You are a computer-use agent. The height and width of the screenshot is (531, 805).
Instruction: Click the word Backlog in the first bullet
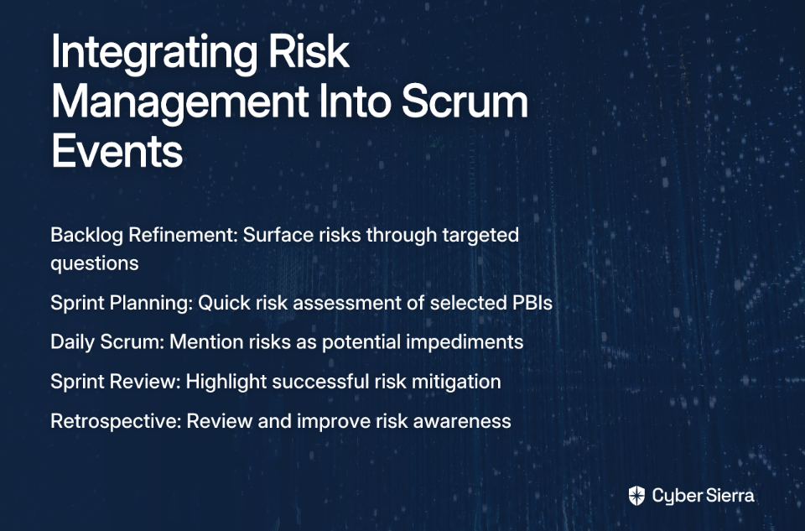pyautogui.click(x=86, y=236)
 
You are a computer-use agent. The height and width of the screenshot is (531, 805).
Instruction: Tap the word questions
pyautogui.click(x=95, y=264)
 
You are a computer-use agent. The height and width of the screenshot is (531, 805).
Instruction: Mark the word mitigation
pyautogui.click(x=456, y=382)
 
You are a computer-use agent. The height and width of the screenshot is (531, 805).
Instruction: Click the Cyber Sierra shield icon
pyautogui.click(x=636, y=496)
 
